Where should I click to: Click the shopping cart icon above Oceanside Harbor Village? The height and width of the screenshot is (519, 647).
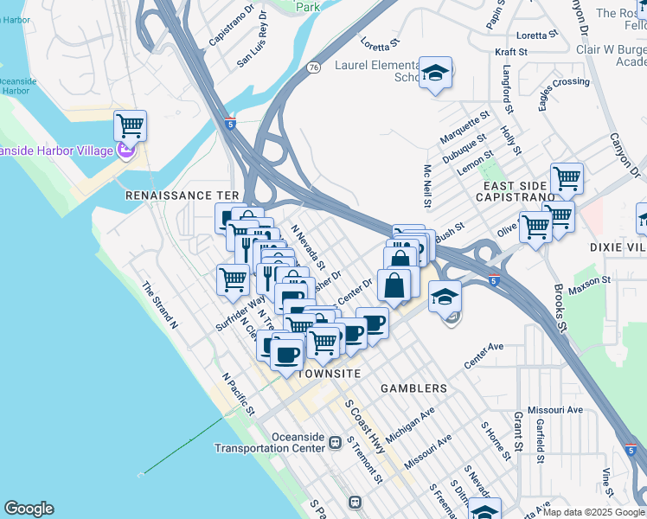click(x=130, y=126)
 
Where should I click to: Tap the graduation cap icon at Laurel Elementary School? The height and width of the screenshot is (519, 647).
click(x=436, y=73)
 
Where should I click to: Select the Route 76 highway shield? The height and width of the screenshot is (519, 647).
click(x=313, y=67)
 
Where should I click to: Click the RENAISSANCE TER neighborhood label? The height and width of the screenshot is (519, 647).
click(x=182, y=196)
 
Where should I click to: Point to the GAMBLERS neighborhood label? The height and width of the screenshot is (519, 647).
click(x=414, y=388)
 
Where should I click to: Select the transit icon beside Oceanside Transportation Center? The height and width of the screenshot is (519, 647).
click(x=335, y=443)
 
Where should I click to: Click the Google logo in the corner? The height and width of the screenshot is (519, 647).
click(x=29, y=509)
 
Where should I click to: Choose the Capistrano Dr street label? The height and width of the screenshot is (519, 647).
click(x=232, y=27)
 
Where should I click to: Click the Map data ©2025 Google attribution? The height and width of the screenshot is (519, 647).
click(x=593, y=512)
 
